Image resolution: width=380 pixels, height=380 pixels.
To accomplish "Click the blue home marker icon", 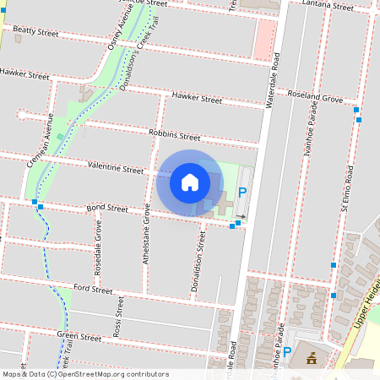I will [190, 182].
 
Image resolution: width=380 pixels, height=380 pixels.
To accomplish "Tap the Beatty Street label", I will [35, 31].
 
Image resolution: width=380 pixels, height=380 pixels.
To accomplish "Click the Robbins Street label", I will [174, 135].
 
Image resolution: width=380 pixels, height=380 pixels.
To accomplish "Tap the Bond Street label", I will [106, 208].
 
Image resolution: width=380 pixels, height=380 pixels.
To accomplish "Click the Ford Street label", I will [93, 289].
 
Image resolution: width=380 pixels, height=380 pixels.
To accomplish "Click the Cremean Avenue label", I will [49, 139].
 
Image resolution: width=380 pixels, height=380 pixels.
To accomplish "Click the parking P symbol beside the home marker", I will [242, 193].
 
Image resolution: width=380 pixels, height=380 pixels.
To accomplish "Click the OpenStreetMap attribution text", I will [84, 374].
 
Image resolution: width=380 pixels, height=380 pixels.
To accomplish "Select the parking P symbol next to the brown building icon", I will [287, 353].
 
